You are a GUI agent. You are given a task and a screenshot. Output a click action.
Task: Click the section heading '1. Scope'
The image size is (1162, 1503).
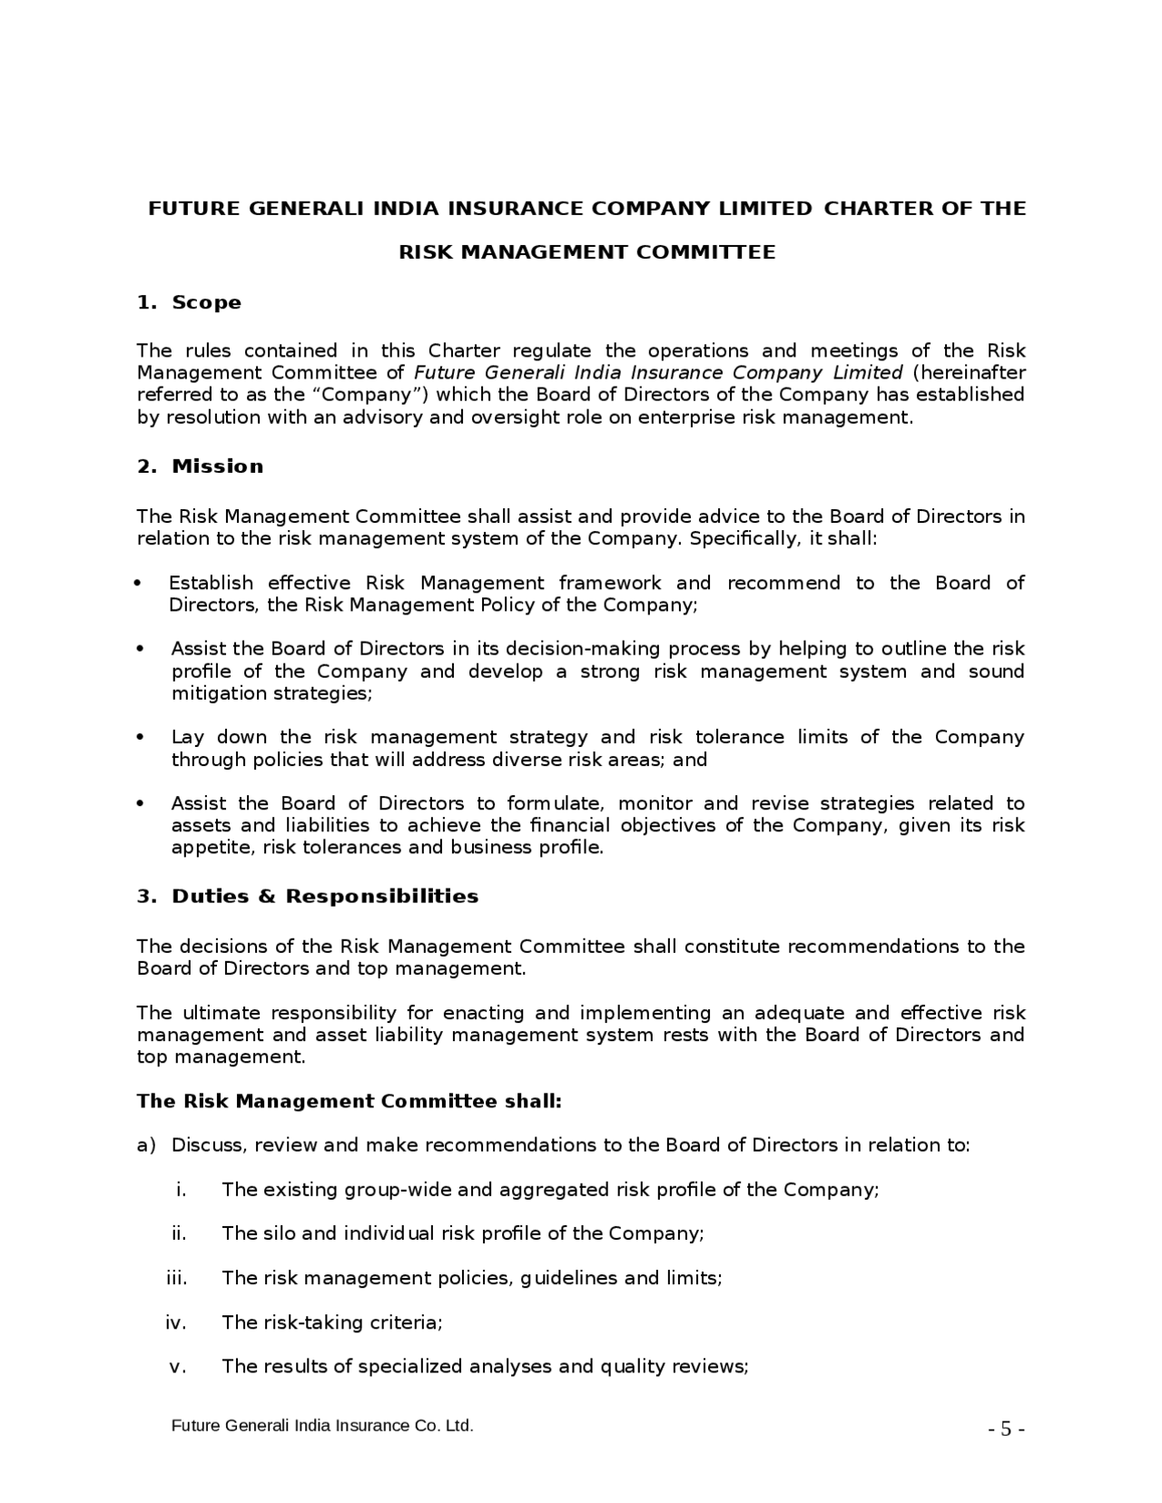pos(189,302)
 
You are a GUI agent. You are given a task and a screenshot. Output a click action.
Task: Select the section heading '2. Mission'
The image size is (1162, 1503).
pos(200,467)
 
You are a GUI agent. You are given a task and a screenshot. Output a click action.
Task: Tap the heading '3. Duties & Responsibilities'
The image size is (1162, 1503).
pos(307,897)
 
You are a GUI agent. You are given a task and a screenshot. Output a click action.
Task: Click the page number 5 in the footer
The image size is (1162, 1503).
pos(1006,1429)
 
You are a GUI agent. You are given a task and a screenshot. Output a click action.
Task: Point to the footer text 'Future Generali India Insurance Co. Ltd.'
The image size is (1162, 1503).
pos(322,1426)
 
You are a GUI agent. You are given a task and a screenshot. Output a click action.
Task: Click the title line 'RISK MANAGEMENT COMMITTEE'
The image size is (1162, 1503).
pos(587,252)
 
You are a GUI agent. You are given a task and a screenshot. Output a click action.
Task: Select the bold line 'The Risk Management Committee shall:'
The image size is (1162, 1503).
pos(350,1101)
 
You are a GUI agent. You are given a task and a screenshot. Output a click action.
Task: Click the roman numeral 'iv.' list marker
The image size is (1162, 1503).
pos(176,1322)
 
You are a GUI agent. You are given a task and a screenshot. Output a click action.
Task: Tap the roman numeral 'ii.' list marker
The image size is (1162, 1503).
pos(179,1233)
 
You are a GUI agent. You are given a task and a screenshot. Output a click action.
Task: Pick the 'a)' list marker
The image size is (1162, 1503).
pos(146,1145)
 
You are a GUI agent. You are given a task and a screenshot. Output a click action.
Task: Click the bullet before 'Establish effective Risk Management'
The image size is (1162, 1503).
pos(138,584)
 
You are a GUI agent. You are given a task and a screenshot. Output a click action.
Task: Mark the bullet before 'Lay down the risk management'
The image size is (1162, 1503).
pos(140,737)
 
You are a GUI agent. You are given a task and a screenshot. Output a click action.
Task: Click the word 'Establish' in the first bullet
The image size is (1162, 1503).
pos(211,583)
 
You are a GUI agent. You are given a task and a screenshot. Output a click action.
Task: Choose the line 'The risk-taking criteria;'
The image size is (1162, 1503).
pos(331,1322)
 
